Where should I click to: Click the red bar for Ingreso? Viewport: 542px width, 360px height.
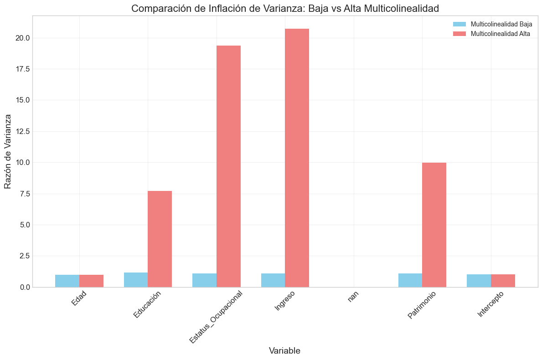(297, 158)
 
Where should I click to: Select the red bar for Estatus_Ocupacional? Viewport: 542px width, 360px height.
(228, 166)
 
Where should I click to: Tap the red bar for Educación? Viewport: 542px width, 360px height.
(160, 239)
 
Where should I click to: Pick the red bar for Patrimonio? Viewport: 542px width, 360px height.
(434, 225)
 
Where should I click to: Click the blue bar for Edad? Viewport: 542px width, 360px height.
(67, 281)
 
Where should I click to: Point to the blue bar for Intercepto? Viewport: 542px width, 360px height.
(479, 281)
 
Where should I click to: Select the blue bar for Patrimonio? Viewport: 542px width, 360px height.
(410, 280)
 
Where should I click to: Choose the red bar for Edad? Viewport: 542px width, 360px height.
(91, 281)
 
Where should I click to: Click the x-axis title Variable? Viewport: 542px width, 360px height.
(284, 350)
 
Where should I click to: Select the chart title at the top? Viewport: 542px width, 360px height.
(285, 8)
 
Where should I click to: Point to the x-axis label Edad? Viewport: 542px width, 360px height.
(79, 303)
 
